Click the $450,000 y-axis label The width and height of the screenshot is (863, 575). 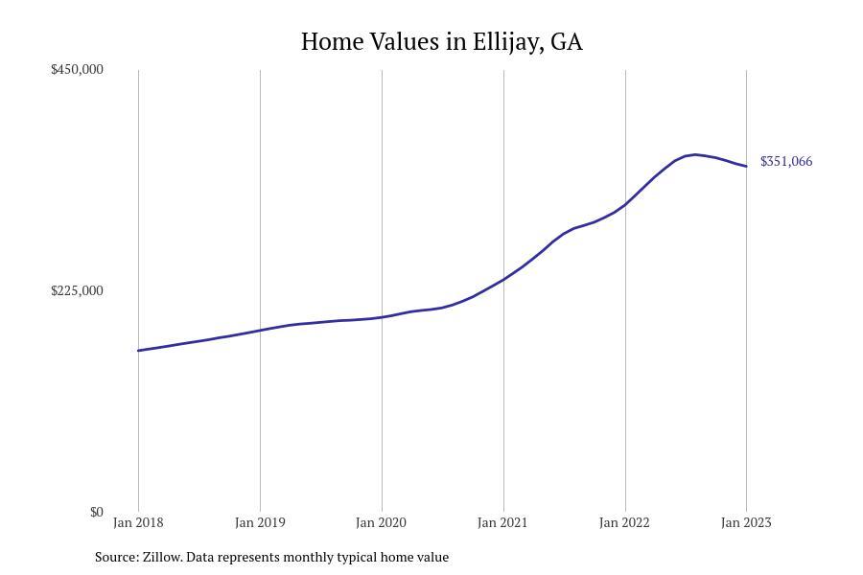(x=77, y=69)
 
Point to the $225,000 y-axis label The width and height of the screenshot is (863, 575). (x=77, y=290)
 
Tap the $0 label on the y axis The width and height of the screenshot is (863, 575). (x=96, y=512)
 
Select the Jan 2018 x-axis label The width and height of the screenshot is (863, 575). (x=138, y=522)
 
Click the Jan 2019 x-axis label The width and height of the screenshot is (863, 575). (x=260, y=522)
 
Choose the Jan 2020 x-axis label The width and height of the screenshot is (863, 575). (x=382, y=522)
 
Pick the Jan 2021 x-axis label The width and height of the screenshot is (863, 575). (x=503, y=522)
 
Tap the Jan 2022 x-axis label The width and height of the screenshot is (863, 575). (x=625, y=522)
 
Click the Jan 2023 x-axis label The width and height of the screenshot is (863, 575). (x=746, y=522)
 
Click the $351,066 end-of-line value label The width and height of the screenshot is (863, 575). (x=786, y=161)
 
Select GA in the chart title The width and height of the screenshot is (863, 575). (x=566, y=42)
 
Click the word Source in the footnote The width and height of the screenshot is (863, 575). (x=116, y=557)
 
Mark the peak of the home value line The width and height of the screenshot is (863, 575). (x=695, y=154)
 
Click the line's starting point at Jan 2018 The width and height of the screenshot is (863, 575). (x=138, y=351)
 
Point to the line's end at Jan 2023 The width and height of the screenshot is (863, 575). (x=746, y=167)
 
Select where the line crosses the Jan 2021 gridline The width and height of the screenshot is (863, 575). (x=503, y=279)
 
